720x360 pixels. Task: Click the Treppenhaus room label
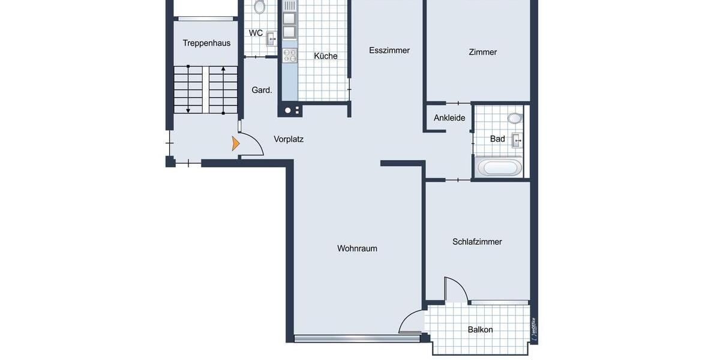point(206,43)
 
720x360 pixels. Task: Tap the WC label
point(256,33)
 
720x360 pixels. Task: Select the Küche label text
point(326,56)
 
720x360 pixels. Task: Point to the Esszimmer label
point(389,50)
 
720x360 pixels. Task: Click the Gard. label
point(262,90)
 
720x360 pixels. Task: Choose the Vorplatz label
point(289,139)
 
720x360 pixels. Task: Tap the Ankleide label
point(449,118)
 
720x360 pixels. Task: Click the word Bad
point(497,139)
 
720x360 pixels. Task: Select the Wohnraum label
point(357,248)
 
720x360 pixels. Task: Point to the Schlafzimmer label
point(477,242)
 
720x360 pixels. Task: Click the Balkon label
point(480,329)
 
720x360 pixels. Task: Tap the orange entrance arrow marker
point(235,143)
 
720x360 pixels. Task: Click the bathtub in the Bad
point(499,167)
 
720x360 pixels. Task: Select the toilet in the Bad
point(515,118)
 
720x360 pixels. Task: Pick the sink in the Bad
point(517,140)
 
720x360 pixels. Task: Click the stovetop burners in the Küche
point(290,56)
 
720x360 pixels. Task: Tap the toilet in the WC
point(260,7)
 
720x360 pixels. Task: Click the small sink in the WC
point(271,39)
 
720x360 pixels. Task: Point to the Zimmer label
point(482,52)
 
